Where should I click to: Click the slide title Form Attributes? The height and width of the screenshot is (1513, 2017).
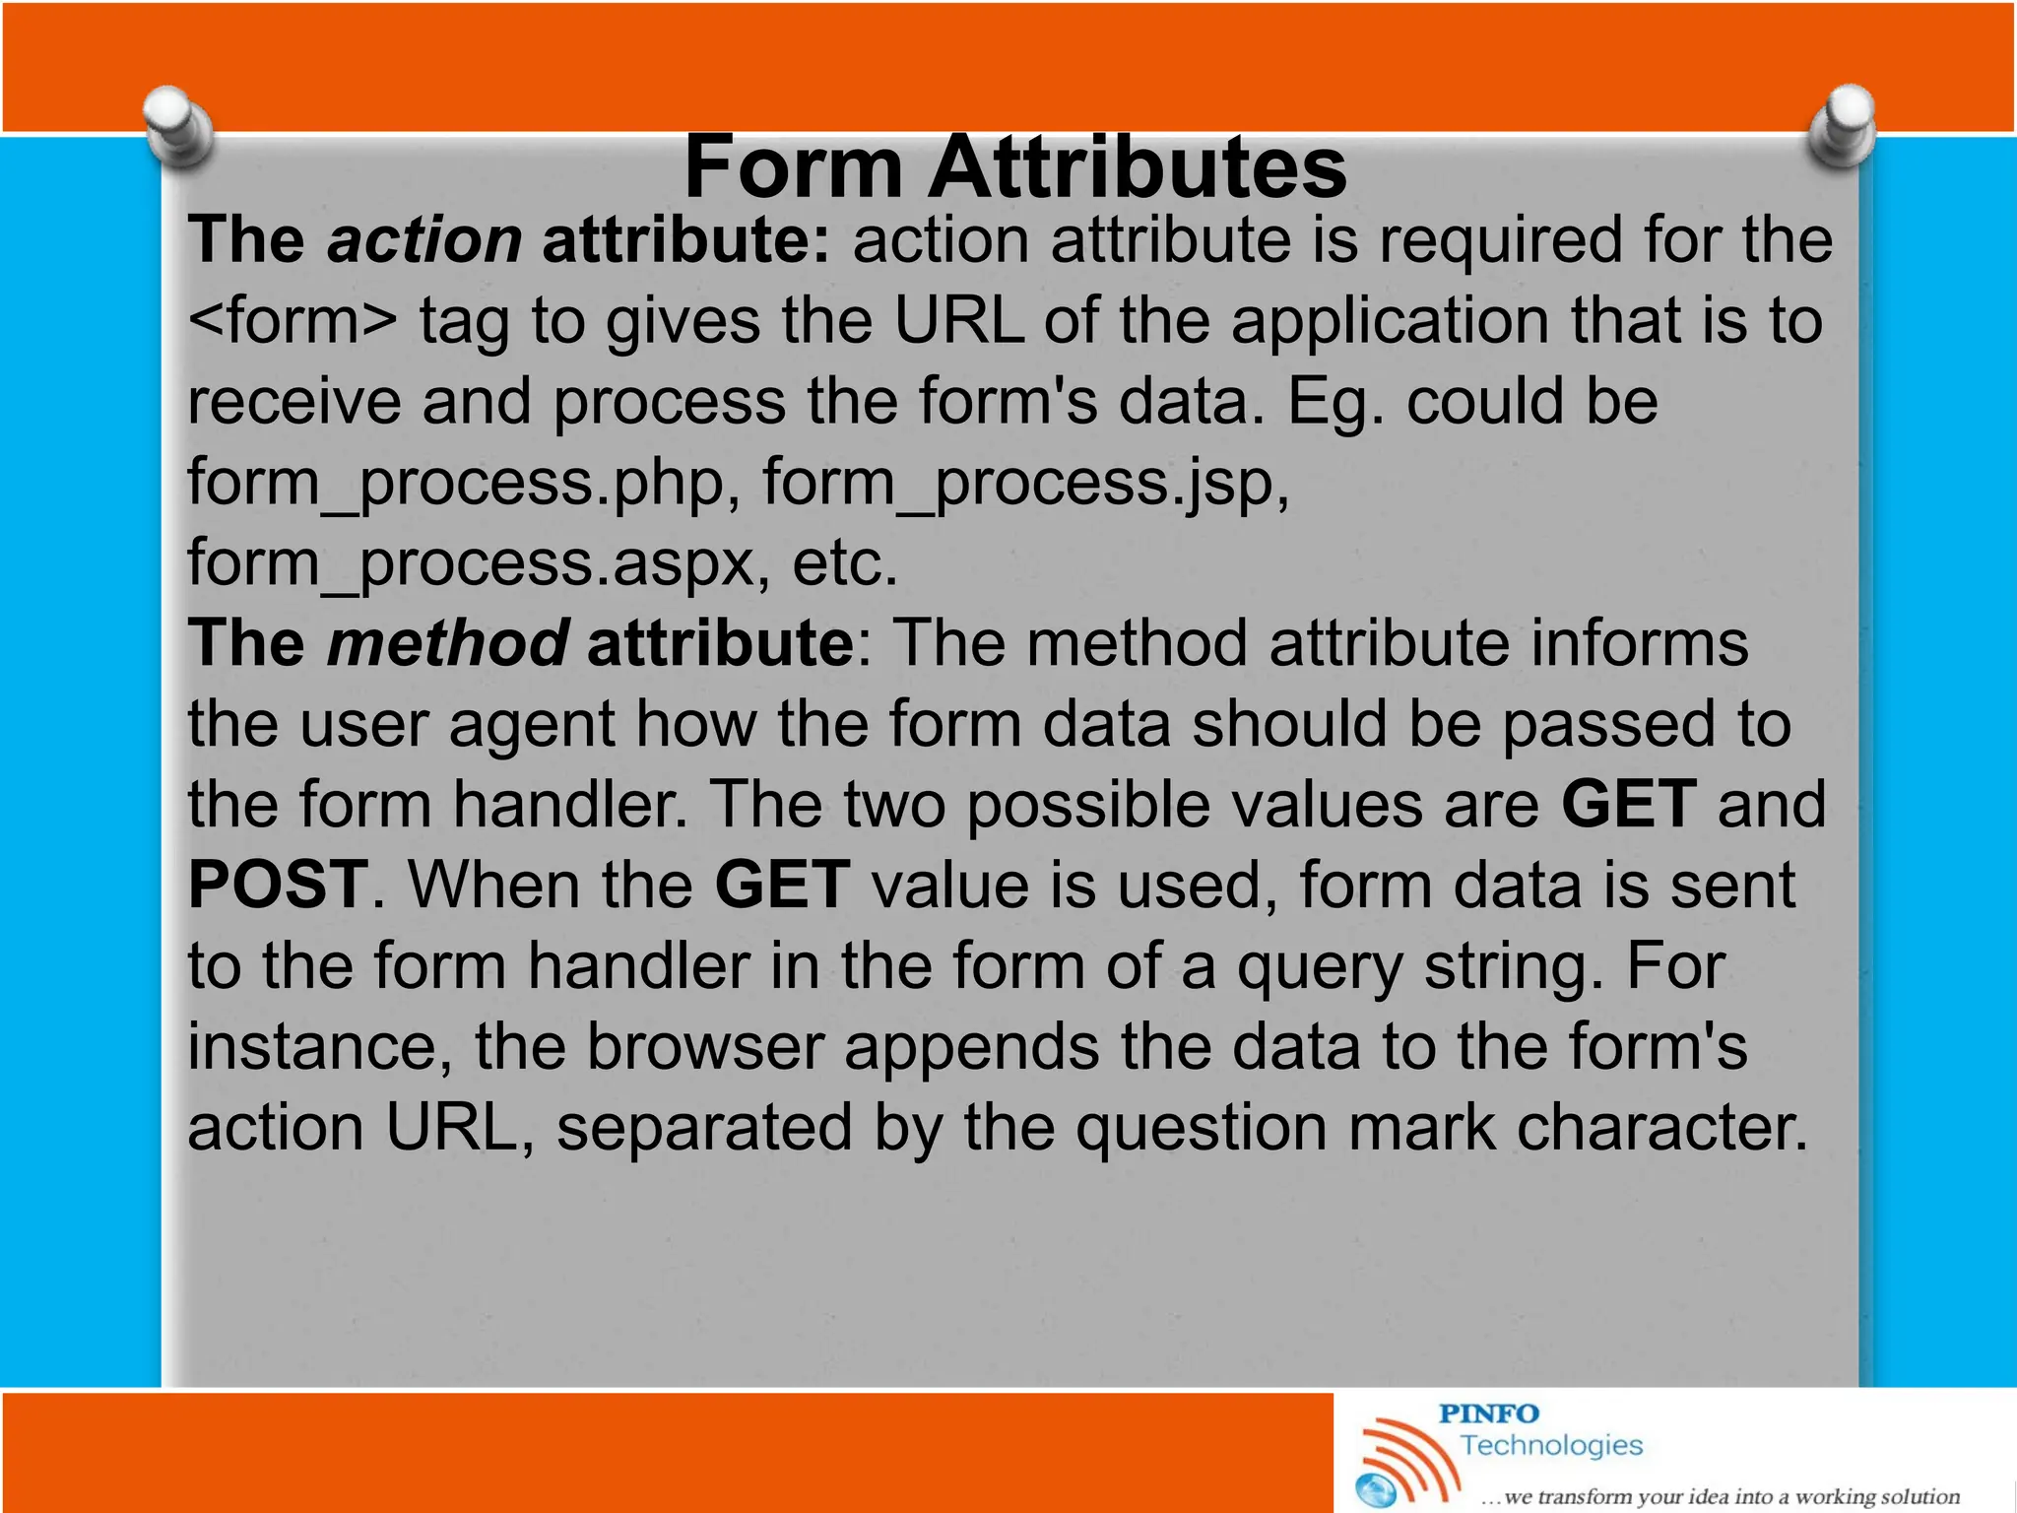1014,167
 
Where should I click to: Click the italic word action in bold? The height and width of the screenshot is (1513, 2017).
424,240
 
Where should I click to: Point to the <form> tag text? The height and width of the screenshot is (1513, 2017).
293,321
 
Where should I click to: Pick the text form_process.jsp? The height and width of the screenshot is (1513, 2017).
1025,483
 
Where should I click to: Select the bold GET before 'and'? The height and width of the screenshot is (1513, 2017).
1629,804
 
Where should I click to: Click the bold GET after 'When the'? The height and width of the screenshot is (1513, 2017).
782,885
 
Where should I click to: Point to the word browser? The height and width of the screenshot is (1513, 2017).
705,1046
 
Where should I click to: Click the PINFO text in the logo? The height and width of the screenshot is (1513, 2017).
1488,1414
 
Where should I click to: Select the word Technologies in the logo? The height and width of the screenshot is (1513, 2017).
1551,1445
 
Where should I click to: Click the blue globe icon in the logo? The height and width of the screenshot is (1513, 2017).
1376,1490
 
